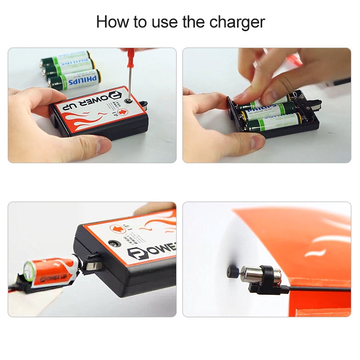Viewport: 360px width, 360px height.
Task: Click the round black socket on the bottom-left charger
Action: [x=115, y=243]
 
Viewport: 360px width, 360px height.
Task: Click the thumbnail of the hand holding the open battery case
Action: [x=267, y=105]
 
